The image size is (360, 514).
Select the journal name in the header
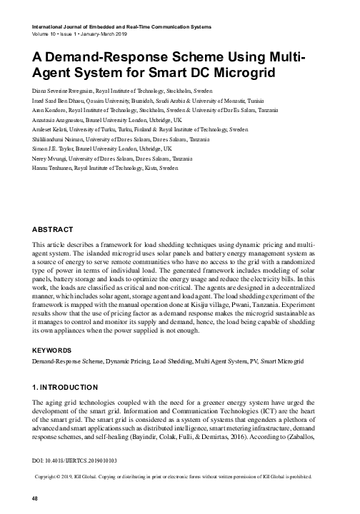point(121,26)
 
